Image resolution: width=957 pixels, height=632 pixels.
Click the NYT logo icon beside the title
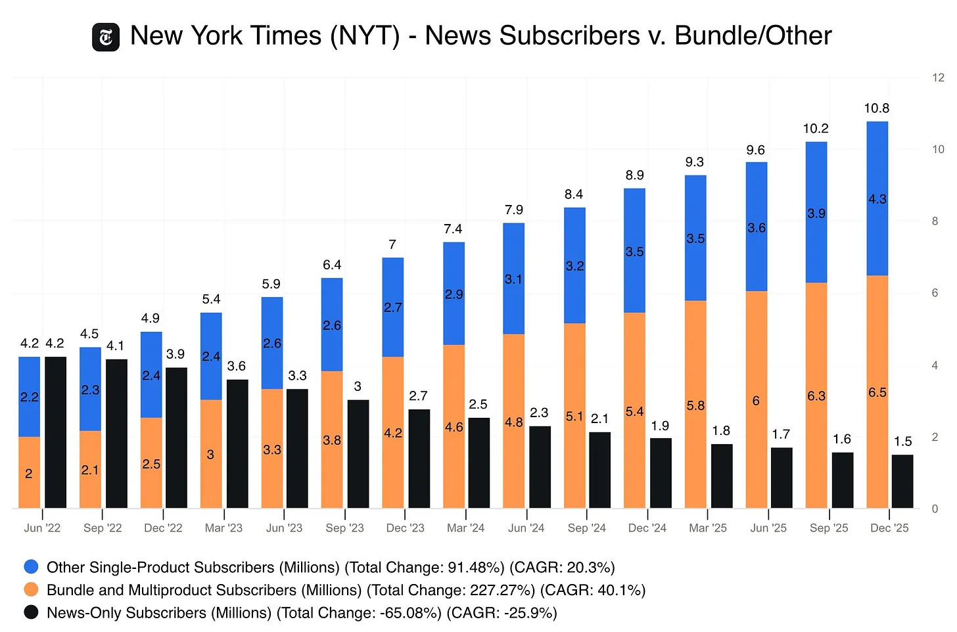106,37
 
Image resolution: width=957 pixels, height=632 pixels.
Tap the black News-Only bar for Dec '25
902,482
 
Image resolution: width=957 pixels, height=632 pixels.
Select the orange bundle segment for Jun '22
29,472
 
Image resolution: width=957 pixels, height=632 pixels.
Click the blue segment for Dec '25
877,198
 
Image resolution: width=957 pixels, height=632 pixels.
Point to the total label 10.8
876,108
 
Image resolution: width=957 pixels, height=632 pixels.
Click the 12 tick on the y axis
938,78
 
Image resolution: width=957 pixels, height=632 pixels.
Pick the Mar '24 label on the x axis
465,528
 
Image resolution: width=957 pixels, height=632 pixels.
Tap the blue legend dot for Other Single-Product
31,567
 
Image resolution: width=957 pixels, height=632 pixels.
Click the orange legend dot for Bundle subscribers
31,590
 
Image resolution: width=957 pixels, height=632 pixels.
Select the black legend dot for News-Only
31,612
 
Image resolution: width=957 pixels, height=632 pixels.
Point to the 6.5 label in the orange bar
877,392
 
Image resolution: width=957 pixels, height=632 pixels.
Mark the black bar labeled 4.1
116,434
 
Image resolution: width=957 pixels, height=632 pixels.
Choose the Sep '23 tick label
344,528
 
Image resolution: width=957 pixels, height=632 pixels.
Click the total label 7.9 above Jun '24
514,210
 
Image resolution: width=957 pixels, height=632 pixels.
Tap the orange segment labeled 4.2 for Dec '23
393,433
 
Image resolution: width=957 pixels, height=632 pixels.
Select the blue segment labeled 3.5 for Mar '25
695,238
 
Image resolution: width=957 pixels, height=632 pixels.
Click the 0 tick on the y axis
935,508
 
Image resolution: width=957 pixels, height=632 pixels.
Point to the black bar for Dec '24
661,473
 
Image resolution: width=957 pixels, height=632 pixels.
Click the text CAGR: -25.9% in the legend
503,613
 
